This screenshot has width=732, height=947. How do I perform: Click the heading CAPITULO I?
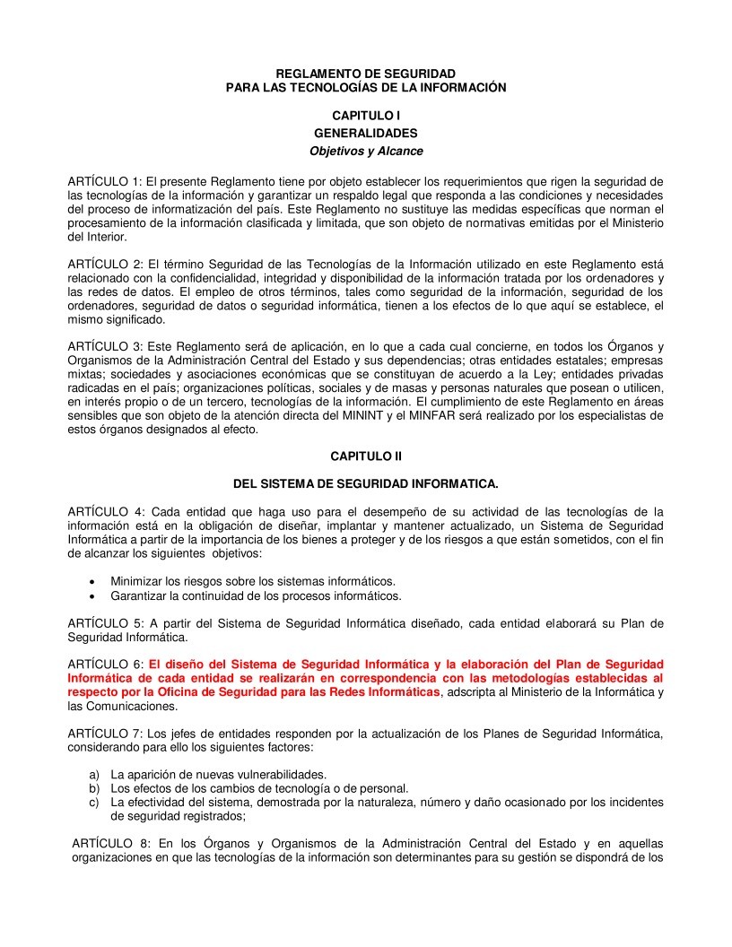(x=365, y=116)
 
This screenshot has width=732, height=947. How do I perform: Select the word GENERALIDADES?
(x=365, y=133)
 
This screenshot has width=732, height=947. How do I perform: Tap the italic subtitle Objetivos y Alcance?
(x=365, y=151)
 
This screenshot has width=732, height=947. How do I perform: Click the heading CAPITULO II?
(x=365, y=456)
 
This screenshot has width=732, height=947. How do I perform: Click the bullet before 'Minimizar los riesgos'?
(x=91, y=581)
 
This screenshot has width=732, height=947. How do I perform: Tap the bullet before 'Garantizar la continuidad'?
(x=91, y=595)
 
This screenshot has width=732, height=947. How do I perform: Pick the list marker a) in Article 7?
(x=93, y=774)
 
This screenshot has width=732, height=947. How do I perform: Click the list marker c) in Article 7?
(x=93, y=803)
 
